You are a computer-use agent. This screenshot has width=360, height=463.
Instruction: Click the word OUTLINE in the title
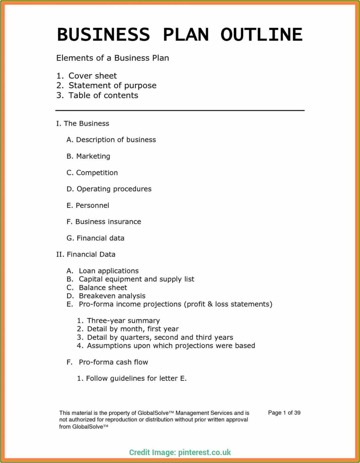coord(261,34)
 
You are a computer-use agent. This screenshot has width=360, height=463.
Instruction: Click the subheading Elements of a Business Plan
coord(112,58)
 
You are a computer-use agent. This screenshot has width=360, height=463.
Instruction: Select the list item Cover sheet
coord(92,76)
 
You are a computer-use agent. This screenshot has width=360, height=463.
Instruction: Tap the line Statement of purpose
coord(112,86)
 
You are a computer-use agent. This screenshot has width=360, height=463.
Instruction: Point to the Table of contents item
coord(103,96)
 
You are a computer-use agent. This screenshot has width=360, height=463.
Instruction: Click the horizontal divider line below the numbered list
coord(180,110)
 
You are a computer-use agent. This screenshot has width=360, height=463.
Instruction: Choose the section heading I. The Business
coord(83,124)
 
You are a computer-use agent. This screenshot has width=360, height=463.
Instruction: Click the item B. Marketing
coord(88,156)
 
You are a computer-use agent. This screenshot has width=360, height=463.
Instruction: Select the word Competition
coord(97,173)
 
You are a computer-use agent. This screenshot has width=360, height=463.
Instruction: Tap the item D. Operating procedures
coord(109,189)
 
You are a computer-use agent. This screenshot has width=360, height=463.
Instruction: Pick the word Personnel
coord(92,205)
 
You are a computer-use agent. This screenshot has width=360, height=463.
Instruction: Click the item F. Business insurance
coord(104,222)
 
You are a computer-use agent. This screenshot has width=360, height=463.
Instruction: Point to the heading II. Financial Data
coord(86,254)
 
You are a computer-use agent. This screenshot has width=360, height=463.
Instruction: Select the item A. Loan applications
coord(103,271)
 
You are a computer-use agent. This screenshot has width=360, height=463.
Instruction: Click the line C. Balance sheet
coord(97,287)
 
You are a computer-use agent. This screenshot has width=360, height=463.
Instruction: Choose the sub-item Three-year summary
coord(123,321)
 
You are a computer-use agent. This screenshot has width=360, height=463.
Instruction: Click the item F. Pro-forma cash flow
coord(107,362)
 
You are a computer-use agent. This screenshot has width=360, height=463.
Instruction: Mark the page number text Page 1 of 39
coord(284,413)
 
